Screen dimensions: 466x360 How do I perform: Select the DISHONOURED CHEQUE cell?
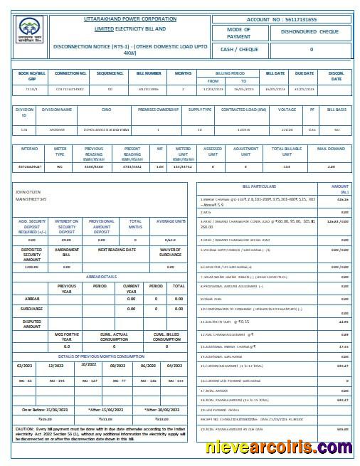click(311, 32)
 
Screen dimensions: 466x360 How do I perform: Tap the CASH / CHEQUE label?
click(239, 50)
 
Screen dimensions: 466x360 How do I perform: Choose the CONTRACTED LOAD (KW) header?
click(244, 110)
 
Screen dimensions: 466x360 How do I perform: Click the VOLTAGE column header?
click(287, 110)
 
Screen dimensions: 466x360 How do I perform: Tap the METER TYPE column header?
click(60, 152)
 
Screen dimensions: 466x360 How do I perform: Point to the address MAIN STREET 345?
click(31, 200)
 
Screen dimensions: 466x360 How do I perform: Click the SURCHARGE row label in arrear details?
click(31, 309)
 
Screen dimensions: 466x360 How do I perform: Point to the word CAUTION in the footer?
click(25, 430)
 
